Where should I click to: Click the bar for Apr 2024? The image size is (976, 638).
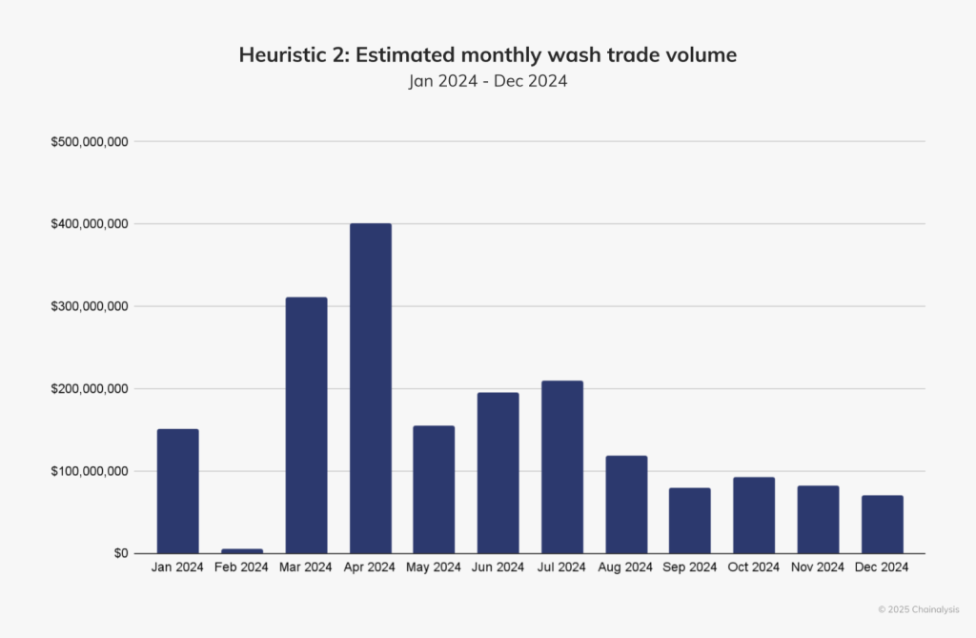370,388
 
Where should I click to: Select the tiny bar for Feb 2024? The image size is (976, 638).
242,550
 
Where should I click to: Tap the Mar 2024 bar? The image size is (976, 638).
306,425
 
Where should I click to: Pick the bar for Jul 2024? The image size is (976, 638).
562,467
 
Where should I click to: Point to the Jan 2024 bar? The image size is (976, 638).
178,491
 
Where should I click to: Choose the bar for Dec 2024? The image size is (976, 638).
883,525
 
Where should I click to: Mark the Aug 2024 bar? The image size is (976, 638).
626,504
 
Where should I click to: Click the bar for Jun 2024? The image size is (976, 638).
498,473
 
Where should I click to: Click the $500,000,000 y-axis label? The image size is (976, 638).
90,142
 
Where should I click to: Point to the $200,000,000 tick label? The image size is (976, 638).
90,389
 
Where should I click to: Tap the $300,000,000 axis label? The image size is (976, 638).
90,307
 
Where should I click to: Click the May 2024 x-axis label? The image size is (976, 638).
434,567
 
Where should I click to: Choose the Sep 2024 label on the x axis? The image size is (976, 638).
690,567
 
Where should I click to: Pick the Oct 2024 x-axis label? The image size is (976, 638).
754,567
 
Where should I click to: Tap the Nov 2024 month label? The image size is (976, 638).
818,567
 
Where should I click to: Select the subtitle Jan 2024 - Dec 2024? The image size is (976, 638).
488,81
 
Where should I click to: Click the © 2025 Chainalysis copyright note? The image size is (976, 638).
918,608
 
